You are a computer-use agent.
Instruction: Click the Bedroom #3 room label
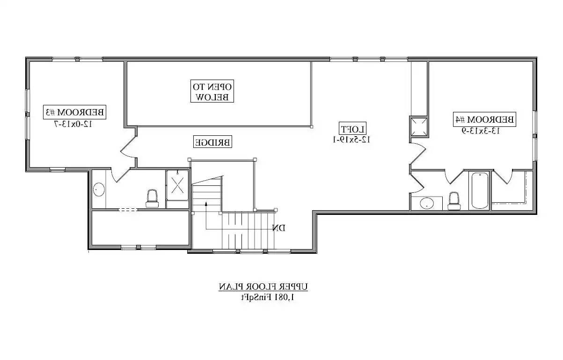(x=75, y=112)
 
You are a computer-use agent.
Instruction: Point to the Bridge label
(x=212, y=142)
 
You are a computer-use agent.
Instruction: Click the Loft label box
(x=353, y=128)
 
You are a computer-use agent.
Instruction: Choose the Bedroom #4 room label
(x=484, y=119)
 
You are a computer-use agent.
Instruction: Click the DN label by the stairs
(x=279, y=228)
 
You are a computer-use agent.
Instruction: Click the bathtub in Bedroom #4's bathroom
(x=480, y=191)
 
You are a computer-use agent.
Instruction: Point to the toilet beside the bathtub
(x=453, y=200)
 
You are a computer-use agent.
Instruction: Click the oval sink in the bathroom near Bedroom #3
(x=99, y=190)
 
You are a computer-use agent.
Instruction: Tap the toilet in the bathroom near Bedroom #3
(x=152, y=198)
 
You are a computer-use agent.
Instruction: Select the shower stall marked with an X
(x=178, y=185)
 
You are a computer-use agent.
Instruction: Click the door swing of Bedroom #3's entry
(x=127, y=148)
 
